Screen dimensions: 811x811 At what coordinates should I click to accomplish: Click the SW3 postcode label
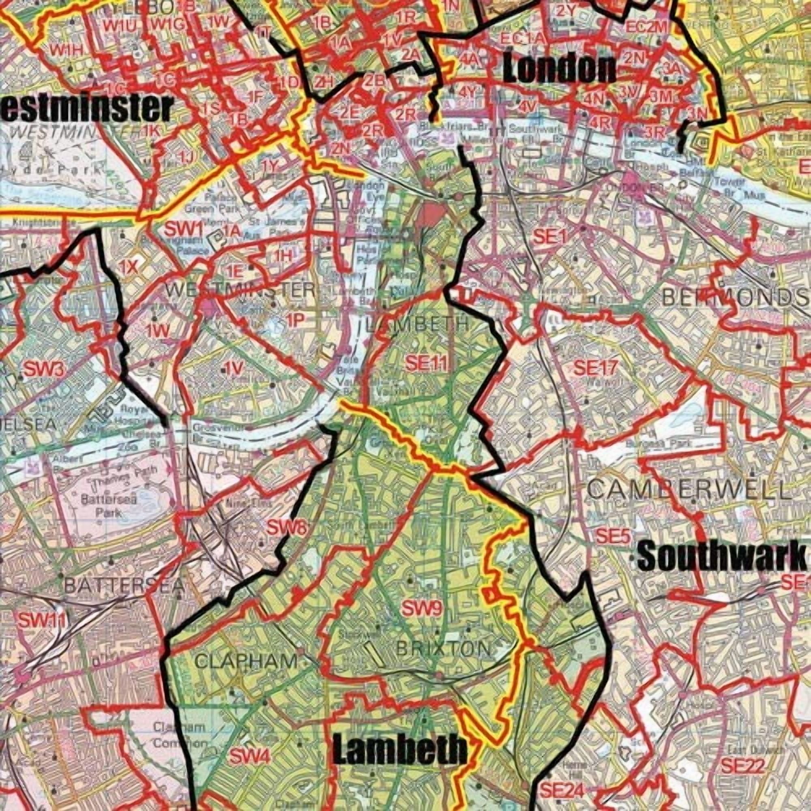pyautogui.click(x=44, y=370)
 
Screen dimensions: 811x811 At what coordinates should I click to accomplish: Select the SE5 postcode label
pyautogui.click(x=613, y=536)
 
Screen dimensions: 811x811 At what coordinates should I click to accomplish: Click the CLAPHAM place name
pyautogui.click(x=247, y=673)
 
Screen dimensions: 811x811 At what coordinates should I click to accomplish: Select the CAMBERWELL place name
pyautogui.click(x=689, y=490)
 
